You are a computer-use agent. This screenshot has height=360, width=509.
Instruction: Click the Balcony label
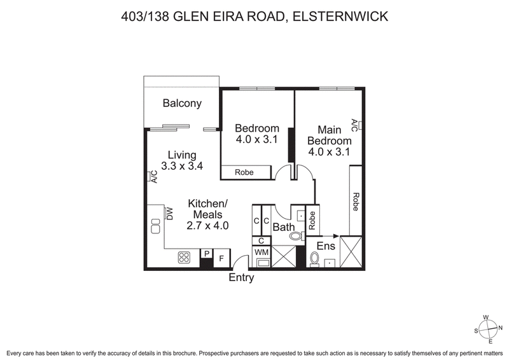[x=182, y=103]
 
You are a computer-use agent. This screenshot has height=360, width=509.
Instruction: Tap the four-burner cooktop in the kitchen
[x=185, y=258]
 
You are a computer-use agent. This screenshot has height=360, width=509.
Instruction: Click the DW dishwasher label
[x=170, y=213]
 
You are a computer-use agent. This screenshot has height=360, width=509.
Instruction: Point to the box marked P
[x=206, y=254]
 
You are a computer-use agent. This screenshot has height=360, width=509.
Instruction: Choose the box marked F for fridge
[x=221, y=258]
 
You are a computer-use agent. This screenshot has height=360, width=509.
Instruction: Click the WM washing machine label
[x=261, y=253]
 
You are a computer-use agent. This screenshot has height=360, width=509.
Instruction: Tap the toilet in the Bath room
[x=296, y=236]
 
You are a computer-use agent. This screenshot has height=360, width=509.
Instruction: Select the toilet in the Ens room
[x=314, y=260]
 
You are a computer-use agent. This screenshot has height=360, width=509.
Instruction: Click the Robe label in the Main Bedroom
[x=356, y=202]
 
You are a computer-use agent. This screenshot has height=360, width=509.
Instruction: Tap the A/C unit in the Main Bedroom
[x=360, y=125]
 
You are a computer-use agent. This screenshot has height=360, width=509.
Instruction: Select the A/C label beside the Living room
[x=153, y=177]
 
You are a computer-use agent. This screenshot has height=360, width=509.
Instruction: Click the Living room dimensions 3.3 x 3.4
[x=182, y=167]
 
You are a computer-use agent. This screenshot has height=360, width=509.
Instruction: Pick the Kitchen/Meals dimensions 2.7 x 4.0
[x=207, y=225]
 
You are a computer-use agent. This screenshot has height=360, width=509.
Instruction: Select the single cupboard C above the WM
[x=261, y=241]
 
